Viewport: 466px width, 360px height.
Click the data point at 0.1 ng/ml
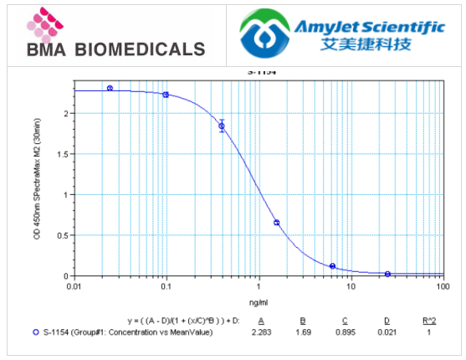pos(166,95)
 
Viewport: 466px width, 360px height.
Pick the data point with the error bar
pos(222,126)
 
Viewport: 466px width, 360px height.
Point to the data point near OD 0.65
pos(277,223)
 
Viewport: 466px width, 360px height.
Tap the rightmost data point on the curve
pos(387,274)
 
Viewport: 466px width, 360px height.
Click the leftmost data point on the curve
pos(110,88)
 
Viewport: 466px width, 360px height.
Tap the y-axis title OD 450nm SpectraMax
pos(37,180)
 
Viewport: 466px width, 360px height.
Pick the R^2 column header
pos(428,321)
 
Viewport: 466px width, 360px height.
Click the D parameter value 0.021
pos(387,332)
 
